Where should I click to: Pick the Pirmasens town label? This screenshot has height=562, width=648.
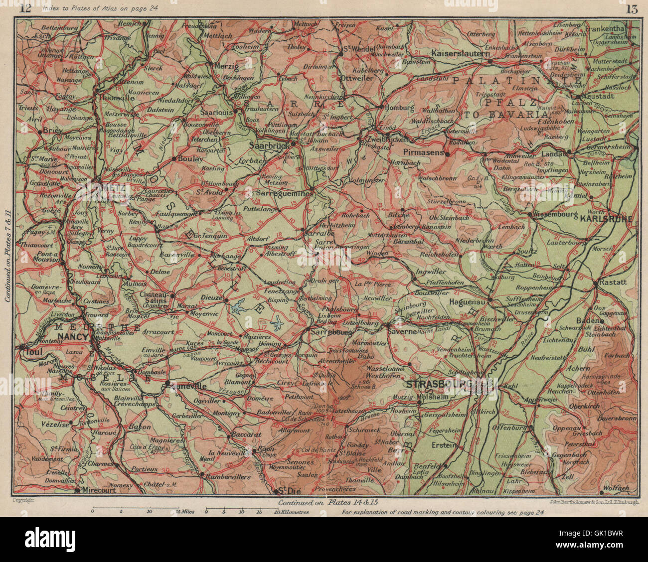(423, 153)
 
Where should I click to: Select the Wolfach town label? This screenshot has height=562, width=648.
(616, 488)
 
